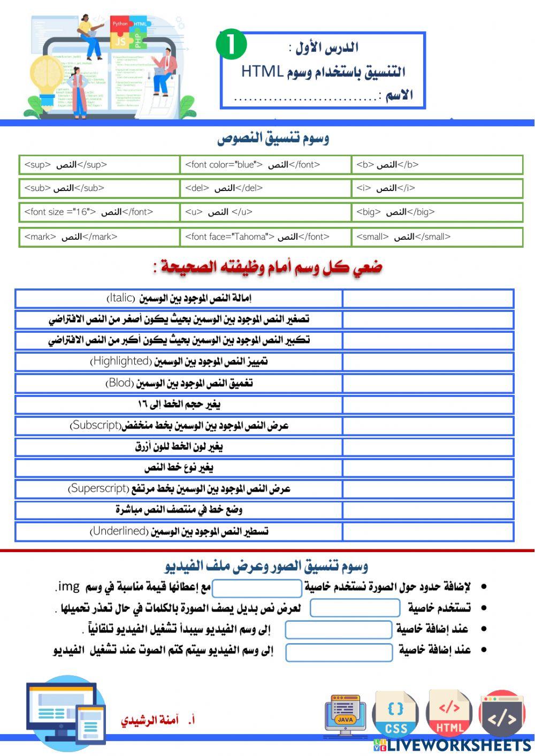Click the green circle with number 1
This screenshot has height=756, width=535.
[x=231, y=45]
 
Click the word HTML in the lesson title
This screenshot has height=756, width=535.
[x=262, y=71]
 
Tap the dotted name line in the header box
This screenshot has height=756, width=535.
[x=305, y=98]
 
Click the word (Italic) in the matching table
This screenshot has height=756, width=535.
[x=121, y=298]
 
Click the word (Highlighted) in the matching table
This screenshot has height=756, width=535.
[x=121, y=362]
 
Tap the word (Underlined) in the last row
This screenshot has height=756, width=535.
[x=119, y=531]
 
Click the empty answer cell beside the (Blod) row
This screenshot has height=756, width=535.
[x=427, y=384]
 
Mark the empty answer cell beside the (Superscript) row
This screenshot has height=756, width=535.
[x=427, y=489]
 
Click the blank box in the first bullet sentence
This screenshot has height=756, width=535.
[x=257, y=588]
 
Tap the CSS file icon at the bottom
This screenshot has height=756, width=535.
[x=396, y=714]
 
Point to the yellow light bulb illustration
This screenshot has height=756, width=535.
[x=47, y=78]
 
